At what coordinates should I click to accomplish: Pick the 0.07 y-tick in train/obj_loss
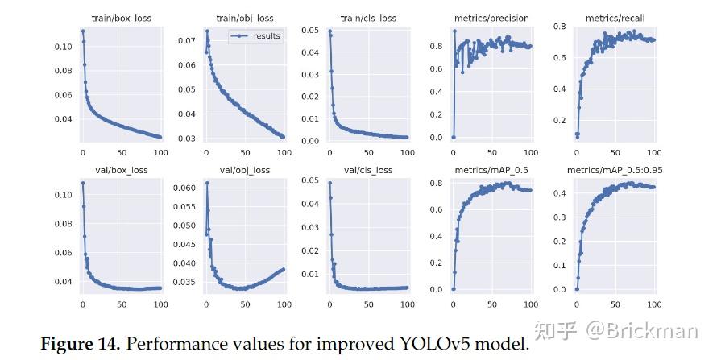point(184,40)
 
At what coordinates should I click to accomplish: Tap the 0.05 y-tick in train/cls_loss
point(309,30)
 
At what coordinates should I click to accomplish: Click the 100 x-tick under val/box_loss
point(160,304)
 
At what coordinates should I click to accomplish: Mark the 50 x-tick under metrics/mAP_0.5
point(491,304)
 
